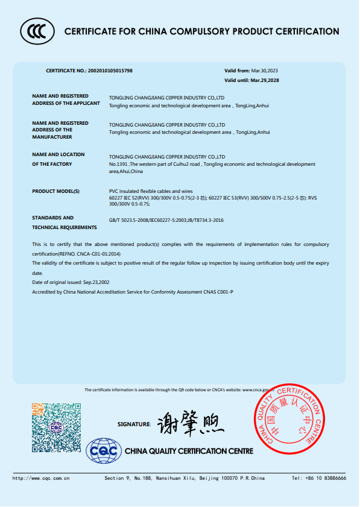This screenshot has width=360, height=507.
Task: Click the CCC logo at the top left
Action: click(36, 31)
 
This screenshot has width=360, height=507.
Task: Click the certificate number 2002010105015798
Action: click(110, 71)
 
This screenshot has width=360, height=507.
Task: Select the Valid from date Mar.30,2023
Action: click(264, 71)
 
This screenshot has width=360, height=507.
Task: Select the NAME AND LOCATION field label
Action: click(58, 154)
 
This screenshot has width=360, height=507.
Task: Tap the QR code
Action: click(56, 428)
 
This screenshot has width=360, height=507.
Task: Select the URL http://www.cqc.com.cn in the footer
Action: click(41, 478)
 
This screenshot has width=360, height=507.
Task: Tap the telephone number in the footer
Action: click(319, 478)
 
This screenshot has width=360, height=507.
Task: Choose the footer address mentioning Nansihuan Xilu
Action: click(185, 478)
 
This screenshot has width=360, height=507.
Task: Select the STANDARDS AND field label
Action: click(52, 218)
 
